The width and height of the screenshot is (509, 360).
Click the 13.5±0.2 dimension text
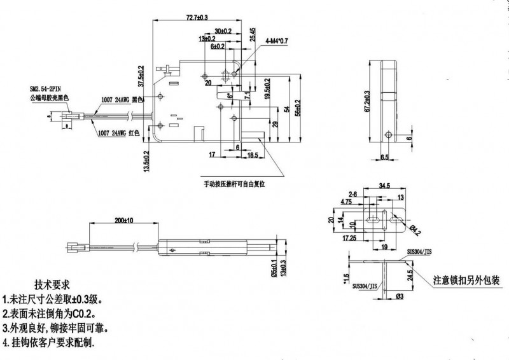coord(147,162)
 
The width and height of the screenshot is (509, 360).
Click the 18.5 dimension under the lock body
coord(253,155)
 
